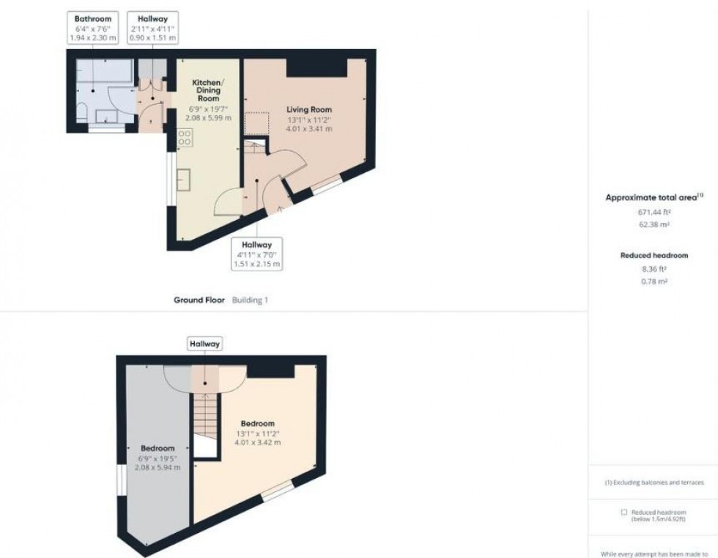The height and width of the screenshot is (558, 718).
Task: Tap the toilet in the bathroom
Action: click(83, 112)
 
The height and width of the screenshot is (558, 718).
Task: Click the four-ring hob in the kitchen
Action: click(185, 136)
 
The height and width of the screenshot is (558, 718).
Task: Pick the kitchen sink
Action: click(182, 179)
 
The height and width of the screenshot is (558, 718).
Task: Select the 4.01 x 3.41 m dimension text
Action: click(308, 128)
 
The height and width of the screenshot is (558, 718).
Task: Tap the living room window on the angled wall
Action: click(327, 186)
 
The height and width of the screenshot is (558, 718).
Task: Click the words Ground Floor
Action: click(199, 300)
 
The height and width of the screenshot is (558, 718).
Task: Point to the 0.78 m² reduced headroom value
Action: click(654, 281)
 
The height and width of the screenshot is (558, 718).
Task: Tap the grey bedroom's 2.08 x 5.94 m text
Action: click(158, 467)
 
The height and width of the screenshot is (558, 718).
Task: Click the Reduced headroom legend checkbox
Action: click(623, 512)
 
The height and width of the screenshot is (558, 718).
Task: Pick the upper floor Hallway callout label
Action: click(204, 343)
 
